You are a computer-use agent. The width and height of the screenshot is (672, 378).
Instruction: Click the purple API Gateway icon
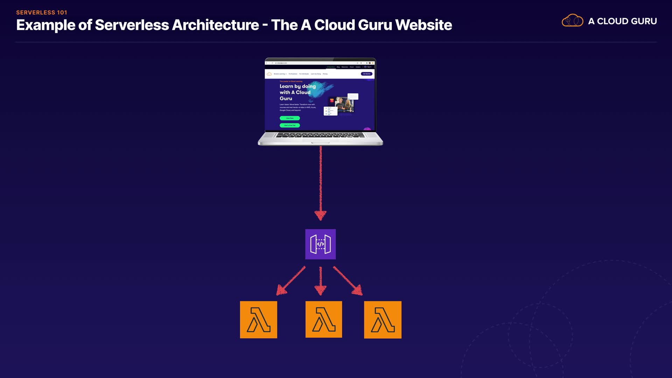point(320,244)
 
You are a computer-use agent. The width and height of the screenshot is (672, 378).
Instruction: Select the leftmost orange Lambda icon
point(258,320)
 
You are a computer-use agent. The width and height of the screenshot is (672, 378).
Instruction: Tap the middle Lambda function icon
point(323,319)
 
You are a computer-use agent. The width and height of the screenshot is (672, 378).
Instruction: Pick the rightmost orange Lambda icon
point(383,320)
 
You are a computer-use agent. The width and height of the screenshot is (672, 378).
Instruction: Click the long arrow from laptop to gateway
point(321,182)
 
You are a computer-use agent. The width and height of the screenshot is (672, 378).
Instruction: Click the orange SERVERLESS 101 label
point(42,13)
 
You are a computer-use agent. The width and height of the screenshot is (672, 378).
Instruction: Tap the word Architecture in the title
point(215,25)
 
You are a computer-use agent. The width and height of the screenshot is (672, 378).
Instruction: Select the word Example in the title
point(45,25)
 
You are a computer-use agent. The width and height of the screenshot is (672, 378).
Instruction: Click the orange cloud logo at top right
point(572,21)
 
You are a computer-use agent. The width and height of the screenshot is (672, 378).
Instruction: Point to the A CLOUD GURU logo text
point(622,21)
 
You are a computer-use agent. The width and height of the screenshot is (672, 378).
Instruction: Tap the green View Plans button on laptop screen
point(290,118)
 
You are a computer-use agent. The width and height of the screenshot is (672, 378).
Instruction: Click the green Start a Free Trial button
point(290,125)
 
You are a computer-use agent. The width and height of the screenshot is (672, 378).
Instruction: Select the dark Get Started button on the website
point(366,74)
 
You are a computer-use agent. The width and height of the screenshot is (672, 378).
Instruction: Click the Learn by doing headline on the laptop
point(297,92)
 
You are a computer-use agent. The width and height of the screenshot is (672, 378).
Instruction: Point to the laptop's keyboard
point(320,135)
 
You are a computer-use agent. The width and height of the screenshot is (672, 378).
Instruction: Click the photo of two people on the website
point(344,104)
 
